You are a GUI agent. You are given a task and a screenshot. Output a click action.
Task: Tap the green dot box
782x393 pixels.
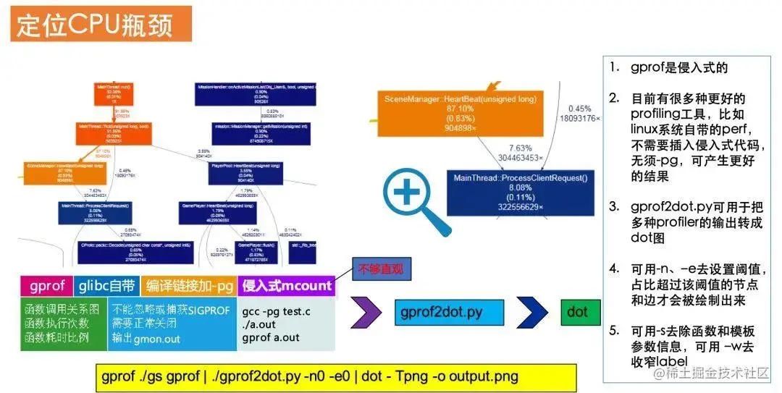(x=577, y=312)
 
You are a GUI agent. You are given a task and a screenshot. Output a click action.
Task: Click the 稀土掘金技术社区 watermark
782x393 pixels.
(x=713, y=373)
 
